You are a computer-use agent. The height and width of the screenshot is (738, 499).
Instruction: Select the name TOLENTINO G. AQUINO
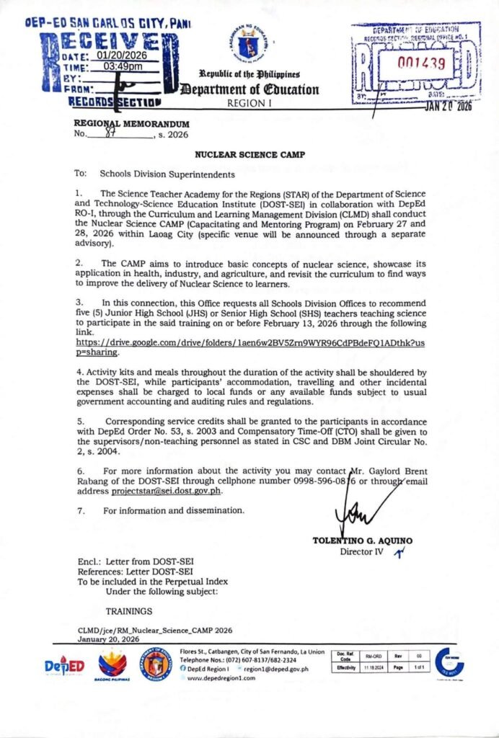362,541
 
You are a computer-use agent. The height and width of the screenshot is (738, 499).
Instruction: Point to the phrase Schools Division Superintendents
167,174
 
